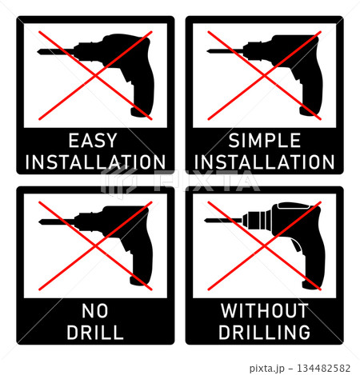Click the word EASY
93,140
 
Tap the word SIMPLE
265,140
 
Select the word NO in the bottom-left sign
95,311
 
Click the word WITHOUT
265,311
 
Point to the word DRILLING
265,332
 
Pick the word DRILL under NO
95,332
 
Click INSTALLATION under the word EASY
95,162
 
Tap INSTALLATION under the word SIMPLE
264,162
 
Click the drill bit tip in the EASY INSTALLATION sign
38,51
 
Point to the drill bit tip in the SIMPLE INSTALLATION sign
207,51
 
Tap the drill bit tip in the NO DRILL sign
39,221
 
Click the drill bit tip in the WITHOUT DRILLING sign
205,220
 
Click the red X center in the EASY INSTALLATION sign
95,76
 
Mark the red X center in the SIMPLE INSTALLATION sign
265,76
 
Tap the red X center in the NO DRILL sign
95,245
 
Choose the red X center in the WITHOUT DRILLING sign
265,245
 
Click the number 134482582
323,369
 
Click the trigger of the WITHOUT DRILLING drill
296,245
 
